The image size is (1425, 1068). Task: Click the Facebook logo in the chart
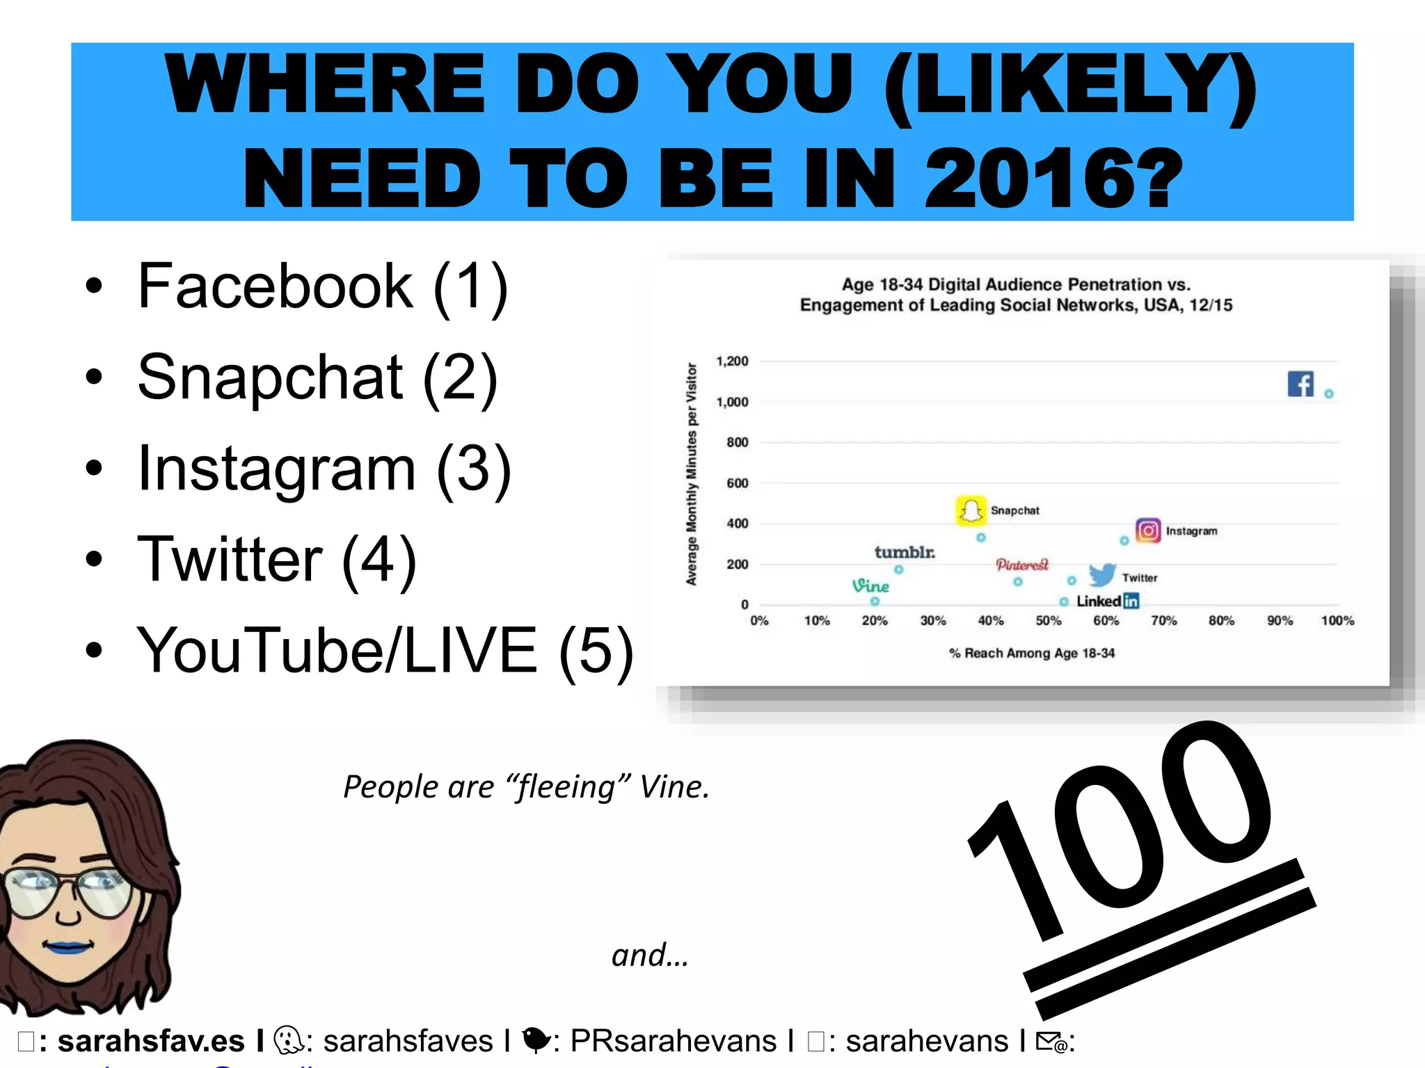1300,384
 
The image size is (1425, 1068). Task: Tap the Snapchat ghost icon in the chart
970,511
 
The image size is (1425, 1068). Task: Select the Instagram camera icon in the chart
1148,531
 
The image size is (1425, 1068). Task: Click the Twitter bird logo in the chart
1102,575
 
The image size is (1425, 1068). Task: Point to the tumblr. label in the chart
905,552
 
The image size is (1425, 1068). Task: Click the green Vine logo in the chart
870,586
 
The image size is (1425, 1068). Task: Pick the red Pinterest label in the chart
1021,565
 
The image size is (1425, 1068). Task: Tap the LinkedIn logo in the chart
1108,601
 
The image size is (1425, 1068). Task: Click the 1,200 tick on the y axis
732,361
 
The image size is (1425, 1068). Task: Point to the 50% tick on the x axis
1048,620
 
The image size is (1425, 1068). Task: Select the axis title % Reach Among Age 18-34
1031,653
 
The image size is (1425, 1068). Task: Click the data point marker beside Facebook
1328,394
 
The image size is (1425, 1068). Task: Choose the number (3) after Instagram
474,469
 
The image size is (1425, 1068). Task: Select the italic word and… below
650,955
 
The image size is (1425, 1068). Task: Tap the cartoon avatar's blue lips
67,946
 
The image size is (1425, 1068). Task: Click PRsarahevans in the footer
673,1041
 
